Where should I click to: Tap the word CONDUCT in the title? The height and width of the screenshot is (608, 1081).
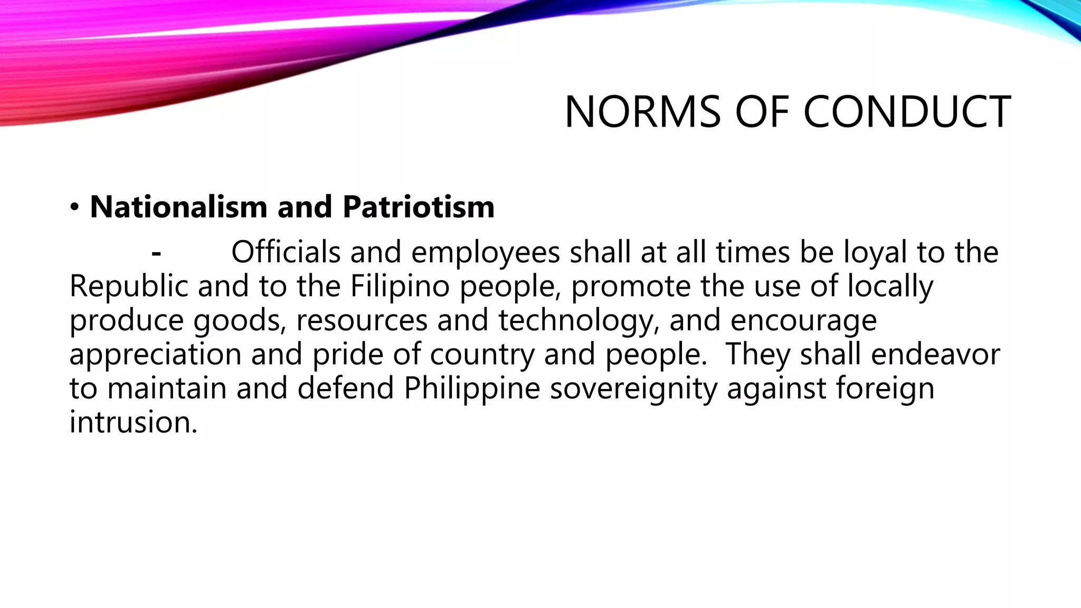pyautogui.click(x=907, y=112)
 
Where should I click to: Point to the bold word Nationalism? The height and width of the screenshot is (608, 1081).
pyautogui.click(x=178, y=206)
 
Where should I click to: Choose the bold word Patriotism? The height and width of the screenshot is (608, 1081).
pyautogui.click(x=419, y=206)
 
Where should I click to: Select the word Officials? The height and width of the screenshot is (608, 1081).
pyautogui.click(x=286, y=252)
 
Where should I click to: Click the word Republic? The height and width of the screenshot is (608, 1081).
pyautogui.click(x=128, y=287)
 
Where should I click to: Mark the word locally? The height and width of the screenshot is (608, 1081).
pyautogui.click(x=890, y=287)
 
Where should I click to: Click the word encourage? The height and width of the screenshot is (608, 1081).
pyautogui.click(x=803, y=321)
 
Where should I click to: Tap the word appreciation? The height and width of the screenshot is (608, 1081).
pyautogui.click(x=155, y=355)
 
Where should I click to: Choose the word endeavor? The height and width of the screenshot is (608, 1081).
pyautogui.click(x=935, y=354)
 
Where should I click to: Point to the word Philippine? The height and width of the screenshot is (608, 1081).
pyautogui.click(x=472, y=389)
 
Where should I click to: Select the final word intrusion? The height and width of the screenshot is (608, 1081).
pyautogui.click(x=133, y=422)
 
